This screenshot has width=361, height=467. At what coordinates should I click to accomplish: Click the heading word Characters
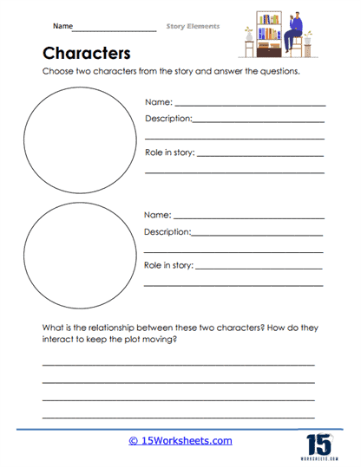(86, 51)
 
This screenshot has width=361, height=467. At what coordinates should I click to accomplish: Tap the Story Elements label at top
(193, 26)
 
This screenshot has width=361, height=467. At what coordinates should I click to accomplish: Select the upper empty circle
(78, 137)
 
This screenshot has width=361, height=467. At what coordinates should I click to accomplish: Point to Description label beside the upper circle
(167, 119)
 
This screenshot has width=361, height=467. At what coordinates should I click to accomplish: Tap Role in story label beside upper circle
(170, 153)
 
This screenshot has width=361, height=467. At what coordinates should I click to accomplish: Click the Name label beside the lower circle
(157, 215)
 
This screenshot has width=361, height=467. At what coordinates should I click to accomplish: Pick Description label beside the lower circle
(167, 231)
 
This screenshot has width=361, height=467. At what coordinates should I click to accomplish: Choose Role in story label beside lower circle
(170, 266)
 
